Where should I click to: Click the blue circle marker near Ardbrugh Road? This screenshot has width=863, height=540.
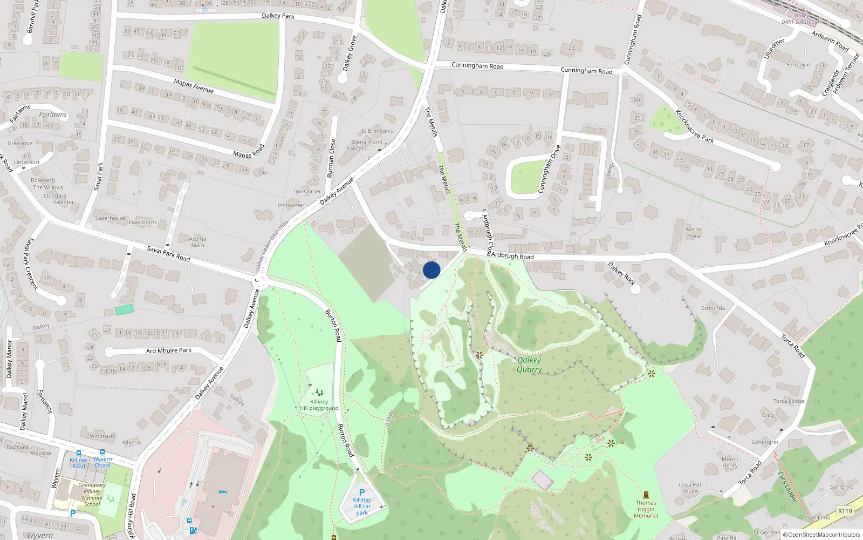coord(432,270)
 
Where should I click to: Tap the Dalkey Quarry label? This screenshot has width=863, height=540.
coord(529,364)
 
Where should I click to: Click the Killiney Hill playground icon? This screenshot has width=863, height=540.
coord(319,393)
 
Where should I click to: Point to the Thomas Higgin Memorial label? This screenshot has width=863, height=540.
coord(646,509)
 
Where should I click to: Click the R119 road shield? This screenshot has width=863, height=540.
coord(845,511)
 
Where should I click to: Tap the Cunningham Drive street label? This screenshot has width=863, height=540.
coord(549,169)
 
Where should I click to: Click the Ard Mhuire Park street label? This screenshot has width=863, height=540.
coord(169,350)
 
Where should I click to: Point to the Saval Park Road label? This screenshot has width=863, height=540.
coord(169,254)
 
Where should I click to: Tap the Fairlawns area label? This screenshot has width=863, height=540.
coord(53,114)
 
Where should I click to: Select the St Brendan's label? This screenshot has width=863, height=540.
coord(377,131)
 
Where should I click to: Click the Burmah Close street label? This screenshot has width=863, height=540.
coord(331,158)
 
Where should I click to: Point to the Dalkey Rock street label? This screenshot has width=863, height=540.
coord(621,274)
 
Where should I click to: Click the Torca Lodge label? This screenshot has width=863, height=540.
coord(789,401)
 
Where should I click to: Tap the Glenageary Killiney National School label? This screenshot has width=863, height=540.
coord(92,495)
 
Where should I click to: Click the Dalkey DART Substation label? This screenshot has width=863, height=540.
coord(802,19)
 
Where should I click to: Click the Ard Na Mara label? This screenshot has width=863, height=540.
coord(197,242)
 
